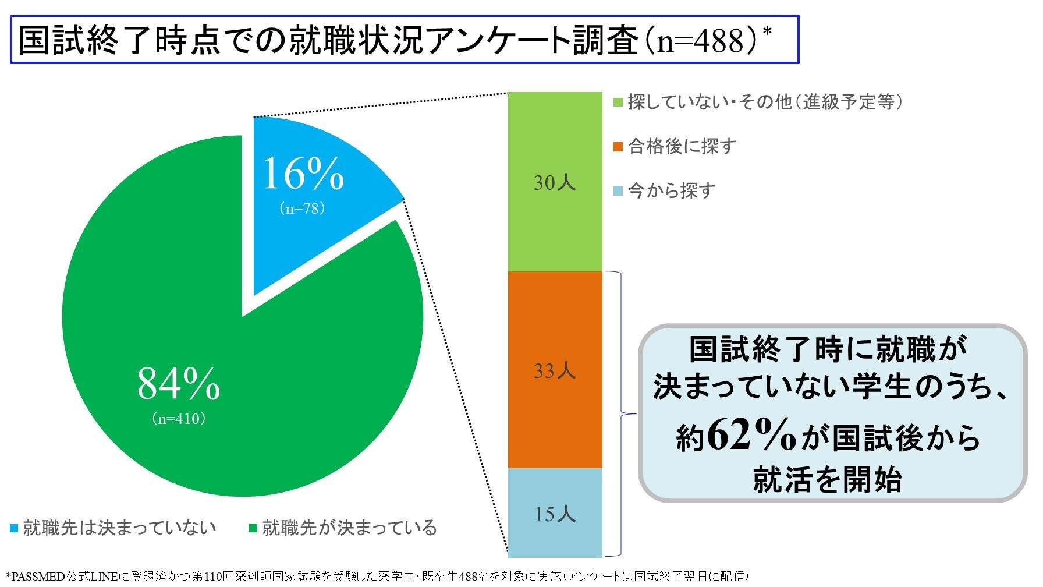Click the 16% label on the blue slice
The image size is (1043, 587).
click(x=303, y=173)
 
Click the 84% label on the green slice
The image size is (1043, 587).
click(x=179, y=383)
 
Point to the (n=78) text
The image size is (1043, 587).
click(x=302, y=208)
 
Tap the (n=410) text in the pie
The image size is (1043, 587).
click(x=179, y=419)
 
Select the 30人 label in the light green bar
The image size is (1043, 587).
click(x=555, y=182)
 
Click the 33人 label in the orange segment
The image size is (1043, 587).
click(x=555, y=370)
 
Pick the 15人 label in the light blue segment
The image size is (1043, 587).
click(x=555, y=514)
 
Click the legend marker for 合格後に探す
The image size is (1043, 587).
click(x=618, y=146)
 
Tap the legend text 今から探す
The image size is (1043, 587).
click(x=671, y=190)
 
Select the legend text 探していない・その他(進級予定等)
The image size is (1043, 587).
click(x=765, y=102)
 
